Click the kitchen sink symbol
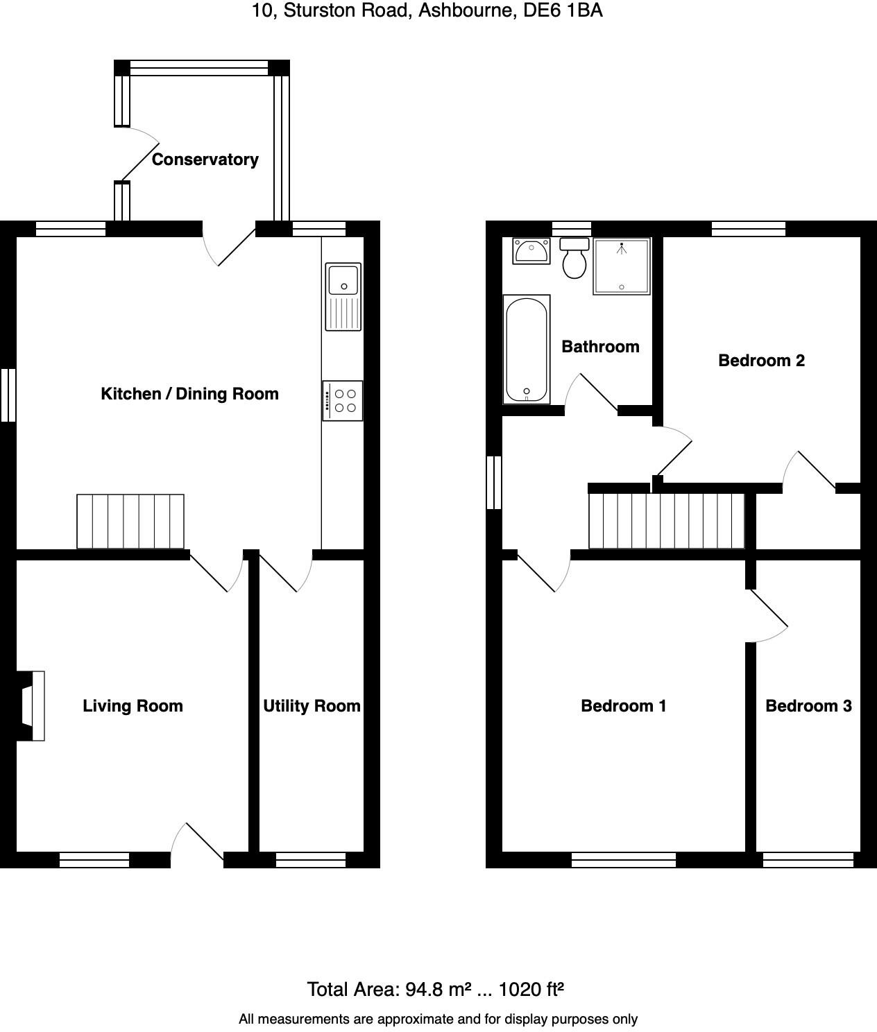tap(343, 297)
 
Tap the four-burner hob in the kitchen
tap(343, 400)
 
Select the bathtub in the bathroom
tap(527, 349)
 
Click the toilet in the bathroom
tap(574, 257)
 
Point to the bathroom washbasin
tap(531, 250)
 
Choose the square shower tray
tap(622, 266)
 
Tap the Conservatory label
tap(205, 160)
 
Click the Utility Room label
tap(312, 706)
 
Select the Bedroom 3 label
tap(808, 706)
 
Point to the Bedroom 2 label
tap(761, 361)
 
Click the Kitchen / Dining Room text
tap(189, 394)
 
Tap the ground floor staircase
tap(130, 521)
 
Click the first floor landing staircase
tap(667, 520)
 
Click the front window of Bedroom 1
tap(624, 860)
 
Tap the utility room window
tap(311, 860)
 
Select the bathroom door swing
tap(590, 394)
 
